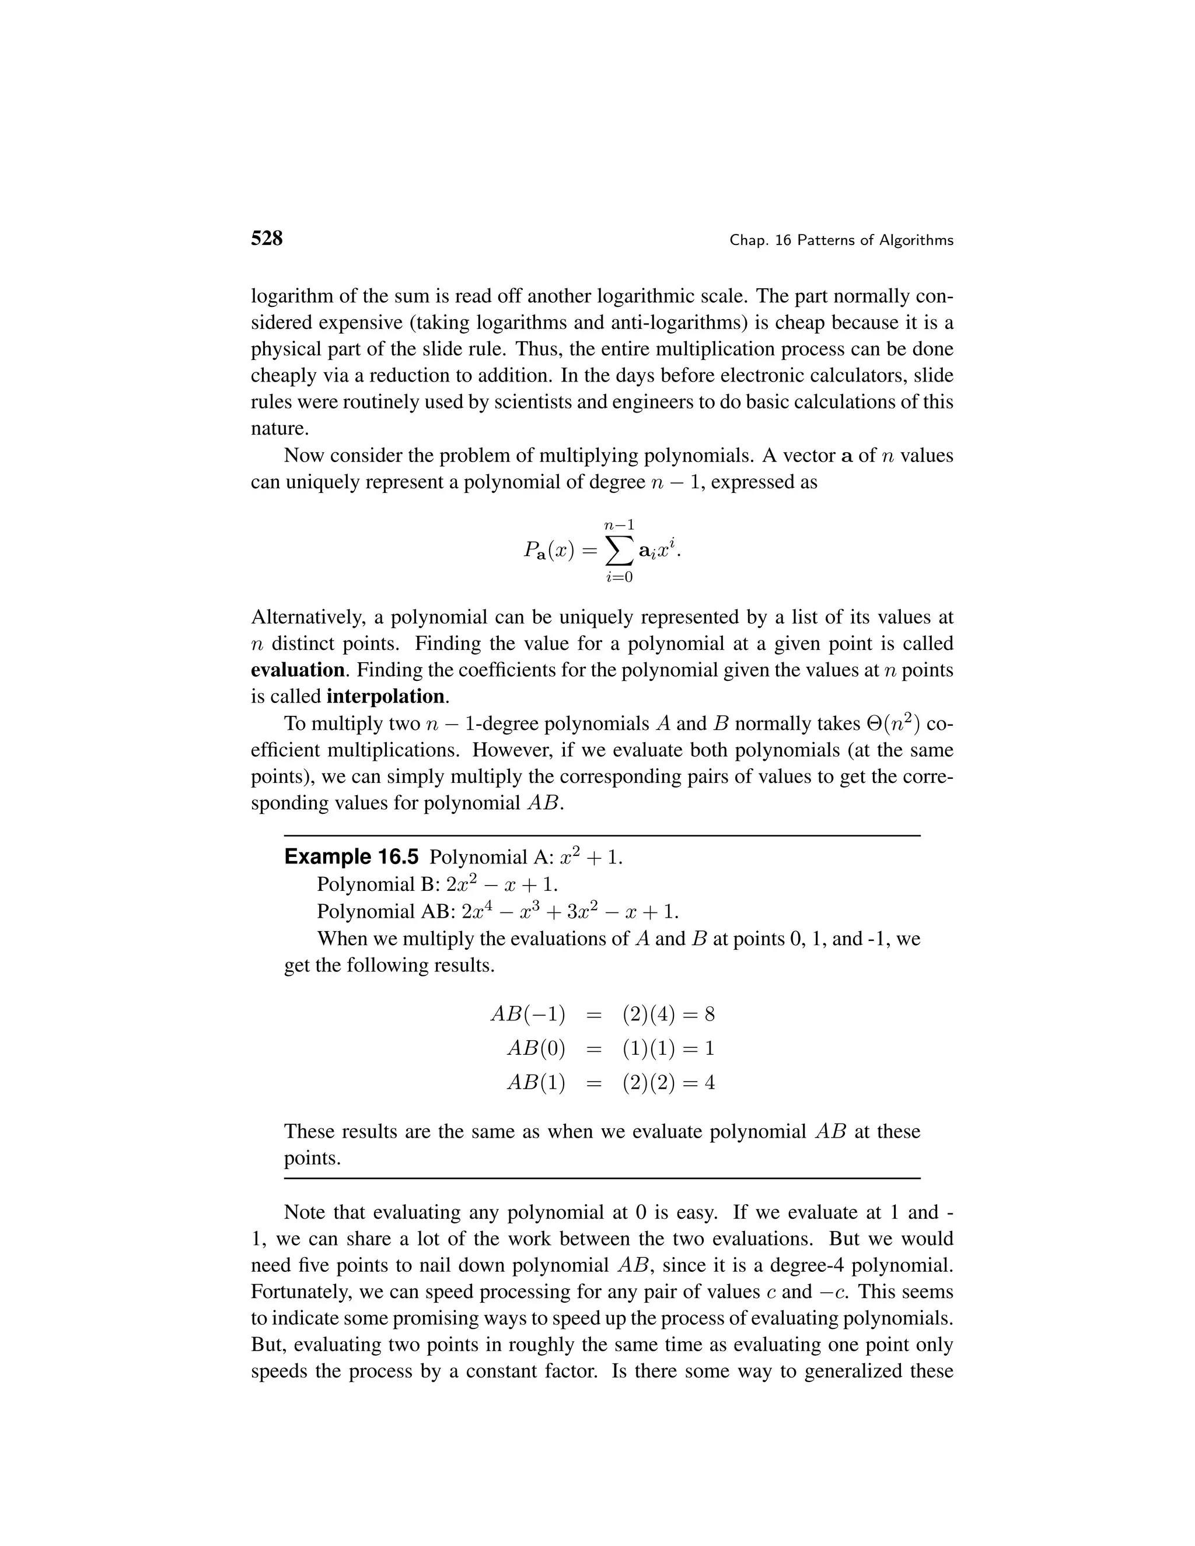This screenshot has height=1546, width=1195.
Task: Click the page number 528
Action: [267, 239]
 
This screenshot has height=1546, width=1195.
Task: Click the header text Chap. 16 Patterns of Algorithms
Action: [841, 241]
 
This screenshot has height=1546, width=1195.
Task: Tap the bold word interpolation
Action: [386, 697]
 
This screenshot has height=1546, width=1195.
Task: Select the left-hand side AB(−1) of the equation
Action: [528, 1015]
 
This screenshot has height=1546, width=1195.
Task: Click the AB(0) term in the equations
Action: [536, 1048]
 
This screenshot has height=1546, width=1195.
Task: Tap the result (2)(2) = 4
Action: [668, 1083]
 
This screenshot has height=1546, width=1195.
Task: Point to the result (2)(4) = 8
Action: [668, 1015]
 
